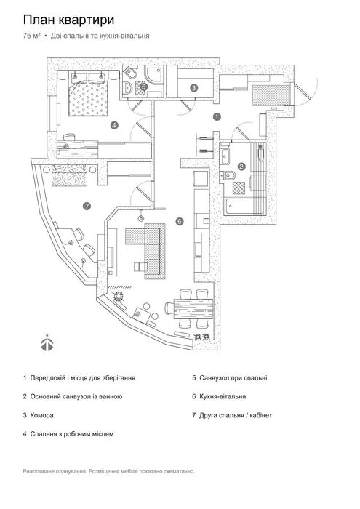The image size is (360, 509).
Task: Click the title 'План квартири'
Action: coord(68,20)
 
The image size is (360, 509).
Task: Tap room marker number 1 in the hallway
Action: coord(217,116)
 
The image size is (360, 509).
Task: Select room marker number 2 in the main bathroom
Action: coord(241,167)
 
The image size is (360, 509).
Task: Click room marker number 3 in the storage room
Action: coord(193,88)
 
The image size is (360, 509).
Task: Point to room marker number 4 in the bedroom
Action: coord(113,124)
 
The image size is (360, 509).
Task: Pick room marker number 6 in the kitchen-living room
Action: coord(180,221)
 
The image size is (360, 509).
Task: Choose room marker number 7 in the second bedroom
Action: coord(86,206)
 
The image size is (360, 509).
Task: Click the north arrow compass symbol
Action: coord(47,342)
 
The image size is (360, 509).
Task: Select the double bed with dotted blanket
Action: coord(88,97)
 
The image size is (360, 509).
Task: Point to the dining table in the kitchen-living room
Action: coord(193,309)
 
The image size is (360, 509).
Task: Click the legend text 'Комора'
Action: coord(41,415)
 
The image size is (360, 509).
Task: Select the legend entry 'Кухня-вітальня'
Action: coord(223,396)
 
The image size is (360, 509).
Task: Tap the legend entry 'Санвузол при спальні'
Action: coord(233,378)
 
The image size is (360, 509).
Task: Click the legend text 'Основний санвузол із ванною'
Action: coord(76,396)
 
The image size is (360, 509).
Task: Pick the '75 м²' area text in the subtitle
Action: coord(32,36)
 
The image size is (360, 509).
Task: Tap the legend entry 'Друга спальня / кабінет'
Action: coord(236,415)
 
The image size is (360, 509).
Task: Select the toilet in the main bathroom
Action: coord(229,176)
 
